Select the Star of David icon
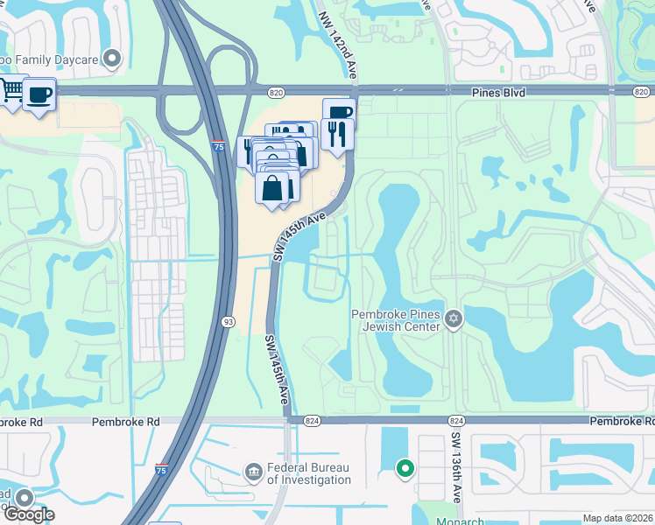454,318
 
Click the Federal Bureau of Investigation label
309,473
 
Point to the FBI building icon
254,472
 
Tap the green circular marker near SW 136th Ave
405,470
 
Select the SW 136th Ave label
456,467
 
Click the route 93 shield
228,321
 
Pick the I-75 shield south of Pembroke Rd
161,470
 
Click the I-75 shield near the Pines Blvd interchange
217,146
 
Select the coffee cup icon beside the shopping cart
39,94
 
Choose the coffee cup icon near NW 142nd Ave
339,112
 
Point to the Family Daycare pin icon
111,59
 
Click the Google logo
28,514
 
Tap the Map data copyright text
618,518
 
